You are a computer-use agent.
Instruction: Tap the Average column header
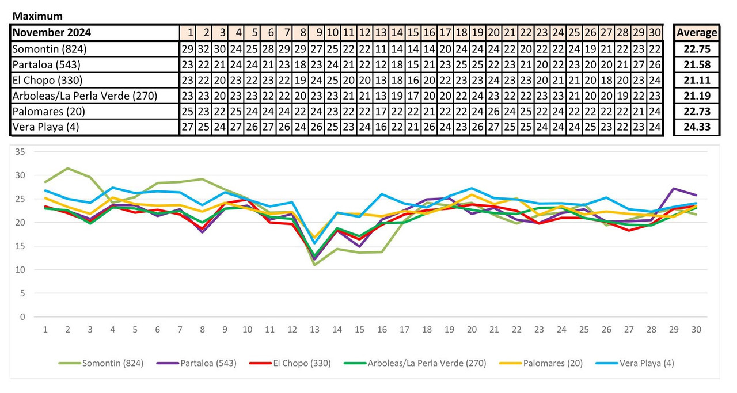(x=697, y=33)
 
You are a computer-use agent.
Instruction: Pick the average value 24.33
(x=697, y=127)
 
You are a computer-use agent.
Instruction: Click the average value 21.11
(x=697, y=80)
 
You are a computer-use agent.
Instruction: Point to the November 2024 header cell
(x=52, y=33)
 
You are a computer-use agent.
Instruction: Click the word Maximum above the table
(x=37, y=16)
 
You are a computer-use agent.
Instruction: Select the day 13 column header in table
(x=381, y=33)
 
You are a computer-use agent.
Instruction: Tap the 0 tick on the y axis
(x=23, y=317)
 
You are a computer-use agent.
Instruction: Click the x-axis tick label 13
(x=314, y=330)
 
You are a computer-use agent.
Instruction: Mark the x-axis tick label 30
(x=697, y=330)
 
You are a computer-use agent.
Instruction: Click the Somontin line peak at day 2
(x=68, y=168)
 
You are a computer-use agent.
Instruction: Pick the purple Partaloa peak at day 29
(x=674, y=188)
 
